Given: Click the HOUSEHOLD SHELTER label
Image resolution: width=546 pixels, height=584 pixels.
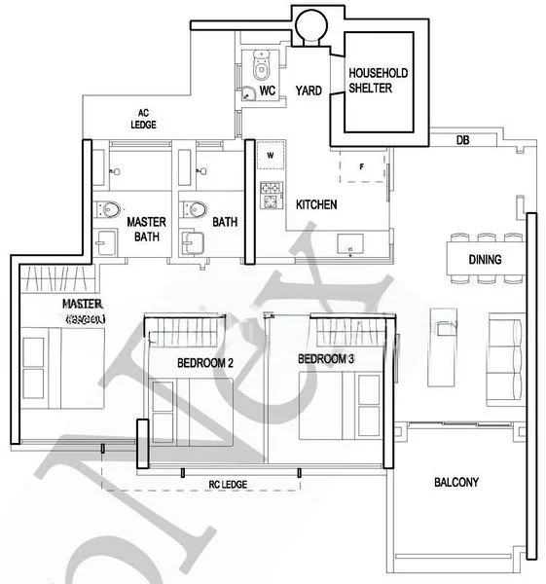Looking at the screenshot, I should coord(379,82).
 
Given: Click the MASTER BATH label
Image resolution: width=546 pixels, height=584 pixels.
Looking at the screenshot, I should coord(146,229).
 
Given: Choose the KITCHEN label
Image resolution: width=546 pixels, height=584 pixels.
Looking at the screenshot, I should coord(316,205).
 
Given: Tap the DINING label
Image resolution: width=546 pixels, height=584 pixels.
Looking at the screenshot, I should coord(485,260).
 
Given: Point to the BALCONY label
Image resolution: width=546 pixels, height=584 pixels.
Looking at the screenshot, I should coord(456,483).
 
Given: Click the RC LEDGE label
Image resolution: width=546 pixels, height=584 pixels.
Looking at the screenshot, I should coord(228,484).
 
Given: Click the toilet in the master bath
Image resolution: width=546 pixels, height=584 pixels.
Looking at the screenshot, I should coord(110,209).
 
